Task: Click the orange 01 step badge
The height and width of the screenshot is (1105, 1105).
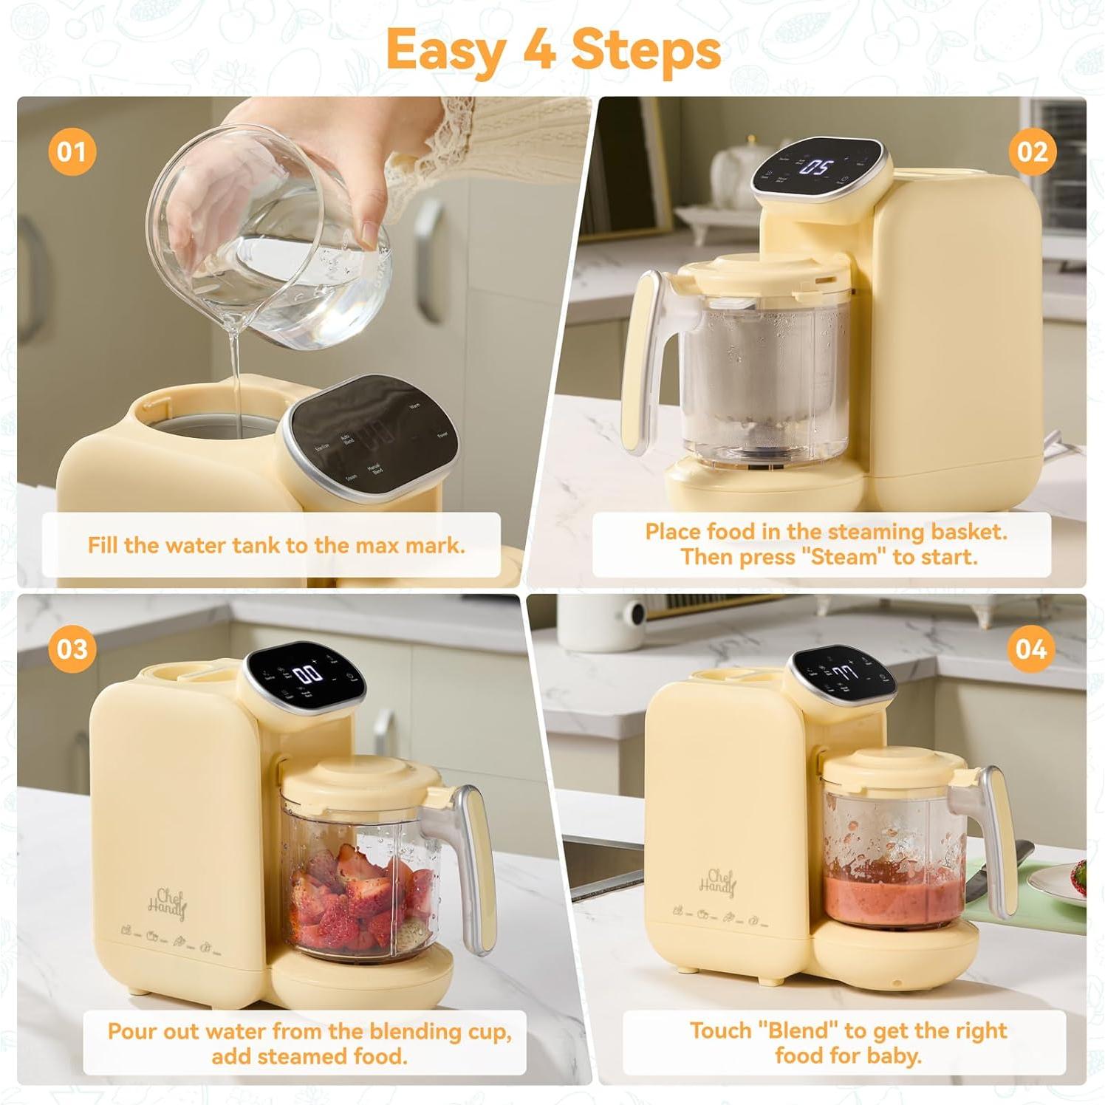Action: (x=72, y=152)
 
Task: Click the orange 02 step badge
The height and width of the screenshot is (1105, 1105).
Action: (x=1032, y=152)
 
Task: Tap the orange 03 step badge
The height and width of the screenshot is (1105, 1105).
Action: (x=72, y=649)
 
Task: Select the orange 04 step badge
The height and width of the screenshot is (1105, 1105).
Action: (x=1030, y=649)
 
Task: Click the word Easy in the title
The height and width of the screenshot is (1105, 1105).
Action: (x=445, y=50)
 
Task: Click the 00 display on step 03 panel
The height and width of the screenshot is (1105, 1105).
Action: (x=308, y=674)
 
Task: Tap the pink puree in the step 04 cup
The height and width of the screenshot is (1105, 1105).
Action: (x=894, y=901)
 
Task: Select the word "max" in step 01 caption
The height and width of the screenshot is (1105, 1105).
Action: (x=377, y=546)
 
